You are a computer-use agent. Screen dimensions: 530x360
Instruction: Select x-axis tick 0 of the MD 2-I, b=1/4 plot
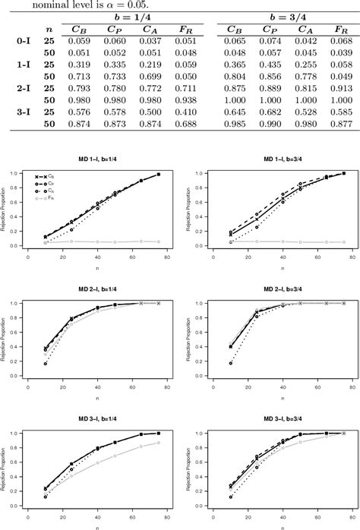(x=28, y=386)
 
